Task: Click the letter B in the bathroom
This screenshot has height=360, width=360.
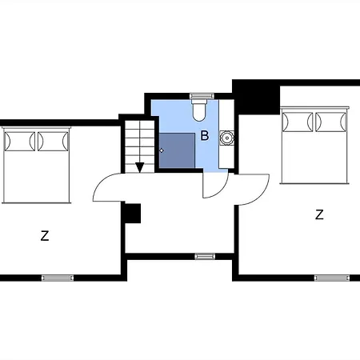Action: pyautogui.click(x=204, y=136)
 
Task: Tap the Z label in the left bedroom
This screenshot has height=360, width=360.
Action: pyautogui.click(x=45, y=235)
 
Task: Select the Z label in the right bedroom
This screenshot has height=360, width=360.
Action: pyautogui.click(x=319, y=214)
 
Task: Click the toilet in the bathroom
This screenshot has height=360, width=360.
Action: pyautogui.click(x=200, y=107)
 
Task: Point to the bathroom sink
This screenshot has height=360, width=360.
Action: pyautogui.click(x=227, y=138)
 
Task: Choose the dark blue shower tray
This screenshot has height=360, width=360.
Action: pyautogui.click(x=177, y=150)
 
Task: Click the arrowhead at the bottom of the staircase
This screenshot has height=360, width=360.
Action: pyautogui.click(x=139, y=167)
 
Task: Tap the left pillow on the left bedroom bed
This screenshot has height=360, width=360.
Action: pyautogui.click(x=20, y=141)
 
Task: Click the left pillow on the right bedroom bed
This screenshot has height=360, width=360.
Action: pyautogui.click(x=297, y=121)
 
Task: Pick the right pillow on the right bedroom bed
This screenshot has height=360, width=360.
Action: pyautogui.click(x=330, y=121)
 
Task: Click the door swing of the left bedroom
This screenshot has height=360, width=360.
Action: pyautogui.click(x=109, y=189)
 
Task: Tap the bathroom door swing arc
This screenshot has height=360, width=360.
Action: pyautogui.click(x=214, y=185)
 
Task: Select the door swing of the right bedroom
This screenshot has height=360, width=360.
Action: pyautogui.click(x=253, y=190)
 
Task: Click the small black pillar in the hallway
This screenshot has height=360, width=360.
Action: pyautogui.click(x=133, y=213)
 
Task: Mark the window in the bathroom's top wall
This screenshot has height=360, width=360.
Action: pyautogui.click(x=201, y=95)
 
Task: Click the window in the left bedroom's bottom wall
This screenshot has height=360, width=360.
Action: pyautogui.click(x=58, y=278)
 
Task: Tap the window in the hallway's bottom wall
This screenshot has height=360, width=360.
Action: pyautogui.click(x=205, y=256)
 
